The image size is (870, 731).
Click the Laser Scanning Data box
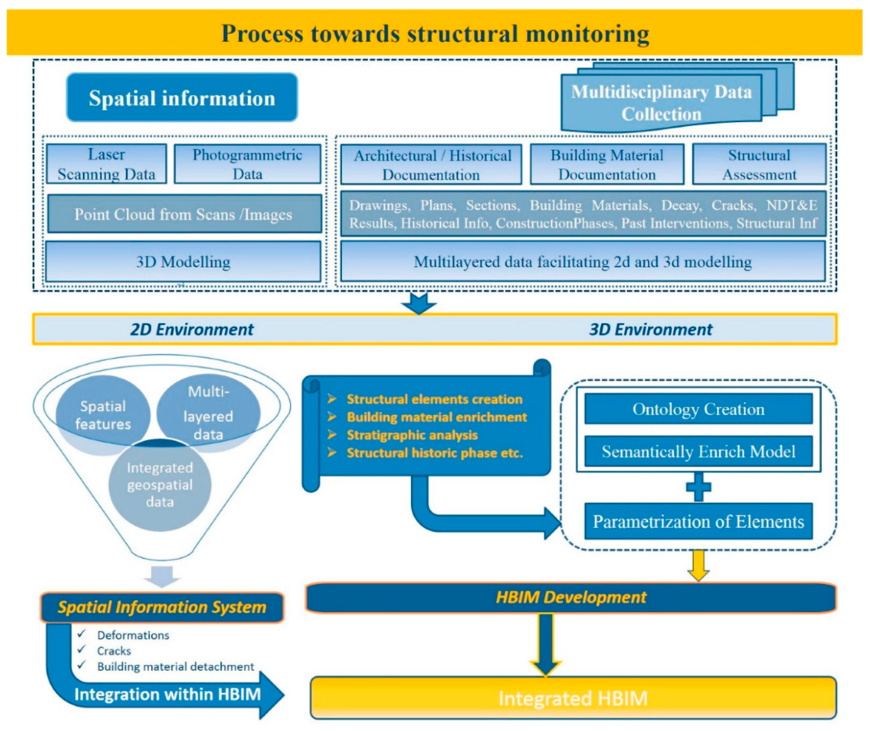(106, 164)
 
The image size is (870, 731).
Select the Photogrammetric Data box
(247, 164)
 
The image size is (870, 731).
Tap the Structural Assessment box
(759, 164)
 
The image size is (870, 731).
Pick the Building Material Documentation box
(607, 164)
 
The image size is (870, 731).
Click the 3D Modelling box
(183, 262)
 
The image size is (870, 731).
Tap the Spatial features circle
(102, 414)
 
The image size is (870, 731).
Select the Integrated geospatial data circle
(160, 485)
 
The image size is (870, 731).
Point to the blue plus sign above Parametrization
(699, 487)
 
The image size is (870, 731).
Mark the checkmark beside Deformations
(82, 634)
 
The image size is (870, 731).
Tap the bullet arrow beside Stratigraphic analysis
(331, 435)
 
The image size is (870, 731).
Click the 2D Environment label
(192, 329)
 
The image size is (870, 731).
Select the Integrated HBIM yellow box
(573, 698)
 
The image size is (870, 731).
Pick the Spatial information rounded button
(182, 98)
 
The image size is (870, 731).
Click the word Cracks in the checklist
(114, 651)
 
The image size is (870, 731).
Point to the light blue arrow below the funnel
(162, 576)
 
